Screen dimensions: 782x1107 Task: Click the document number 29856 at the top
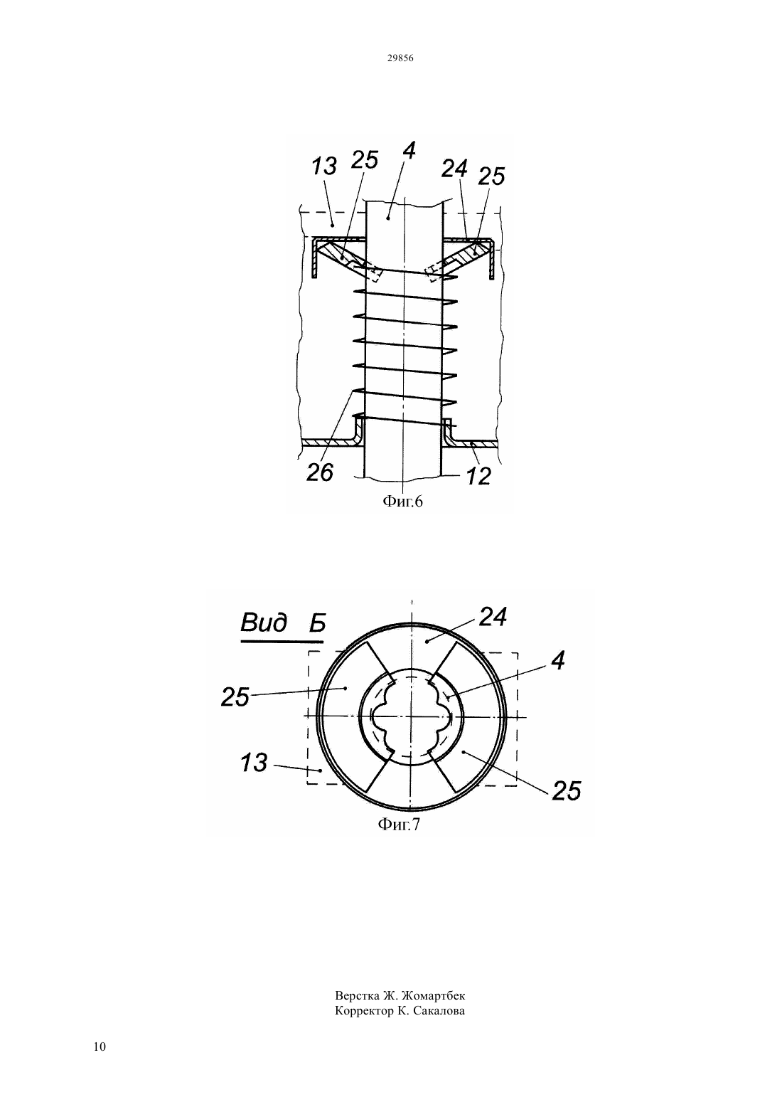pos(400,58)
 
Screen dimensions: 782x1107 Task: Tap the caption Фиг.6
pos(403,502)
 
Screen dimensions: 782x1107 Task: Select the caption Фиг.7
pos(399,825)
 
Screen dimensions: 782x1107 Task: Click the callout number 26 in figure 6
pos(320,472)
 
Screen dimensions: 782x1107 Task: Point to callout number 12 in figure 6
pos(478,477)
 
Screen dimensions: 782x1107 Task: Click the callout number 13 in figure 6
pos(324,166)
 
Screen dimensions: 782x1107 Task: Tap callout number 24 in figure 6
pos(454,169)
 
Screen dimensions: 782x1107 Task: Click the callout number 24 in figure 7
pos(493,618)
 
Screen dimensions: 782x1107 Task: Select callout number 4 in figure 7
pos(558,661)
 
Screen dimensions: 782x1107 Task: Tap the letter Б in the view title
pos(317,624)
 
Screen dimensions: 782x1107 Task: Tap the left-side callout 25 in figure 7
pos(235,697)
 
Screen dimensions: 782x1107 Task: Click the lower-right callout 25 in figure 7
pos(567,790)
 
